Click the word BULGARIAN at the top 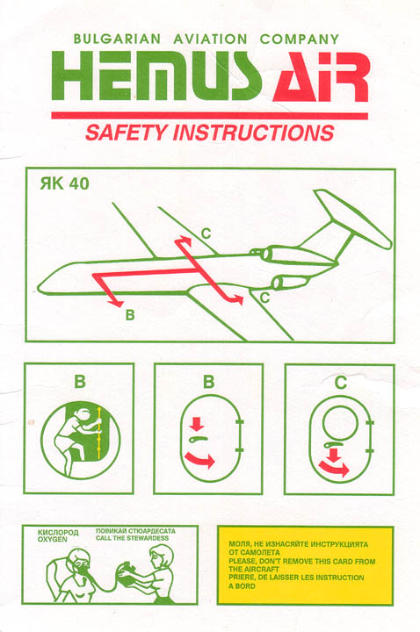point(117,39)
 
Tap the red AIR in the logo point(321,77)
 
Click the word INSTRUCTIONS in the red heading point(254,133)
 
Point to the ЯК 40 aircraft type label point(64,183)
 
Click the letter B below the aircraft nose point(130,314)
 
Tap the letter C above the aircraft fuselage point(206,233)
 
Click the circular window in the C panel point(340,423)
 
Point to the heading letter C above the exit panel point(341,382)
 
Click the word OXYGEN point(53,539)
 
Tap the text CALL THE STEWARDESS point(132,538)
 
